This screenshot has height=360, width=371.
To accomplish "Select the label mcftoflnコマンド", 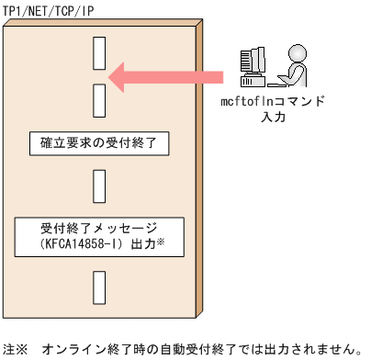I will pyautogui.click(x=273, y=103).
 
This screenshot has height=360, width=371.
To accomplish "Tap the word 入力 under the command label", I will pyautogui.click(x=273, y=118).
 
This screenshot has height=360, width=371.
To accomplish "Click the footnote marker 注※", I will pyautogui.click(x=16, y=349).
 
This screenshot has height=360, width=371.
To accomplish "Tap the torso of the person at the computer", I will pyautogui.click(x=299, y=72).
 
